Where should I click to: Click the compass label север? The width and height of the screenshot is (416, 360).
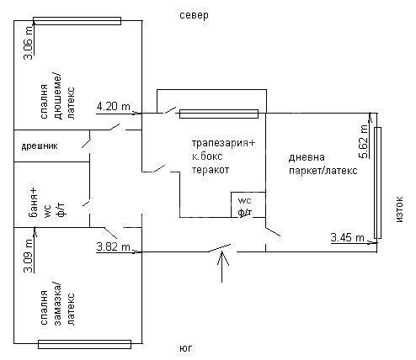(x=194, y=15)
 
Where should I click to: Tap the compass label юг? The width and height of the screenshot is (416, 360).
(x=186, y=348)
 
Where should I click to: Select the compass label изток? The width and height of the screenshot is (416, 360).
(x=399, y=209)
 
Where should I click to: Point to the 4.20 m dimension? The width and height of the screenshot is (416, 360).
(x=114, y=106)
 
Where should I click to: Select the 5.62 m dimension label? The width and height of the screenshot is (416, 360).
(x=363, y=141)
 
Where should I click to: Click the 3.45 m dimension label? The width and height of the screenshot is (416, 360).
(x=347, y=238)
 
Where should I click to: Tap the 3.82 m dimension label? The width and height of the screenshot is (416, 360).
(x=114, y=247)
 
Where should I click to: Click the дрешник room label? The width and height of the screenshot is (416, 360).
(x=40, y=146)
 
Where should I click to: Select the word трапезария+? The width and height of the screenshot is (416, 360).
(x=224, y=143)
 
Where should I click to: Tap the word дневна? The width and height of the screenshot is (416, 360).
(x=307, y=157)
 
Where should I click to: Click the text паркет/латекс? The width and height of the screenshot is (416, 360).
(x=323, y=171)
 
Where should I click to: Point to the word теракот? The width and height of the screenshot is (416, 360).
(x=211, y=170)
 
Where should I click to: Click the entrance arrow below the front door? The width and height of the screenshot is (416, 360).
(x=222, y=267)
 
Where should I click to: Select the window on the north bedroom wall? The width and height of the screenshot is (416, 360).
(x=77, y=21)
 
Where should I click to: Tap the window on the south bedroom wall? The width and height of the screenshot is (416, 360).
(x=84, y=344)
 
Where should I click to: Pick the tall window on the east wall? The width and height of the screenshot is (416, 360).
(x=377, y=183)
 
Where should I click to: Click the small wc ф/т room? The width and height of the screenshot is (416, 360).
(x=248, y=204)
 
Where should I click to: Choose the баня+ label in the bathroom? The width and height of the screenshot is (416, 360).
(x=34, y=203)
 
